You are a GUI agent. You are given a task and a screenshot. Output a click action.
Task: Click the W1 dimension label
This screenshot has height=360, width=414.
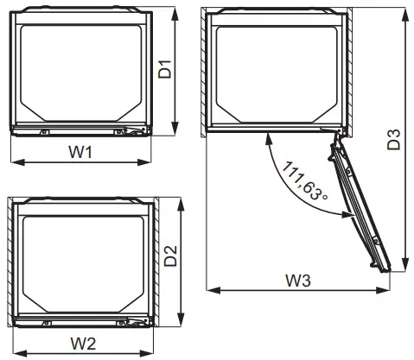80,153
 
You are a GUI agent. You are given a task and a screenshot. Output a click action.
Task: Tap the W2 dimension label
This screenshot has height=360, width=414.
83,343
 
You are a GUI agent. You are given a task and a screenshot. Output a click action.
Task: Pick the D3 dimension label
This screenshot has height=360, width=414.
394,141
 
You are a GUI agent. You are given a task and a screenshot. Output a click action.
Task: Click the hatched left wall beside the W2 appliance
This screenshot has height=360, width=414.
12,262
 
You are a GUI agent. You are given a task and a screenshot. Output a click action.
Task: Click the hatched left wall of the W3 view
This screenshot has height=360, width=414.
208,73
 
